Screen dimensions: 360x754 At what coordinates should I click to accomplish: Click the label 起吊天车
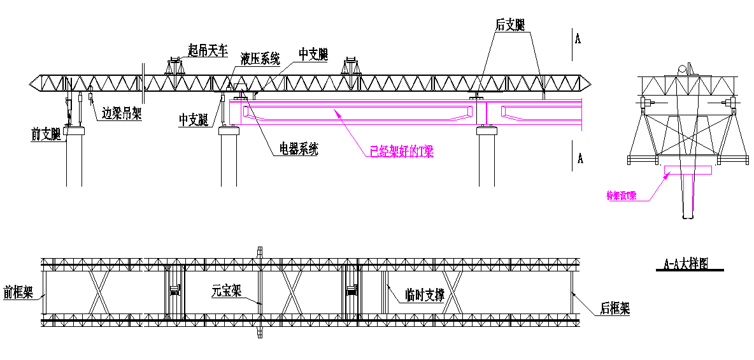pos(208,50)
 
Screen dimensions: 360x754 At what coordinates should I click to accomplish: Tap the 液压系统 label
pos(260,59)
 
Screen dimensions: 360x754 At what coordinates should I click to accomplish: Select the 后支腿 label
pos(510,25)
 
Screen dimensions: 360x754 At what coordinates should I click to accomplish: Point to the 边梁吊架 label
pos(121,113)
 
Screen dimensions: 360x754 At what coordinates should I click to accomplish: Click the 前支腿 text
pos(46,134)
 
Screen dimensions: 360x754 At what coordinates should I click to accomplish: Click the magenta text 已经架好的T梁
pos(401,152)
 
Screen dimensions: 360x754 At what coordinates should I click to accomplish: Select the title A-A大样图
pos(686,263)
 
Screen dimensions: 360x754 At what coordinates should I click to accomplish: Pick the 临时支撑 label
pos(425,295)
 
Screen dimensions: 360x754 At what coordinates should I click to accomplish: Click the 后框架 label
pos(615,309)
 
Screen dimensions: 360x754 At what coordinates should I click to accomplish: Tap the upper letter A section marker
pos(578,39)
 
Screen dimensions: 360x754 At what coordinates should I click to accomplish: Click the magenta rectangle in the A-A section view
pos(688,170)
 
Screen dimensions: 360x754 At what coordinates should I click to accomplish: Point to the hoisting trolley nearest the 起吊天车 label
pos(174,66)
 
